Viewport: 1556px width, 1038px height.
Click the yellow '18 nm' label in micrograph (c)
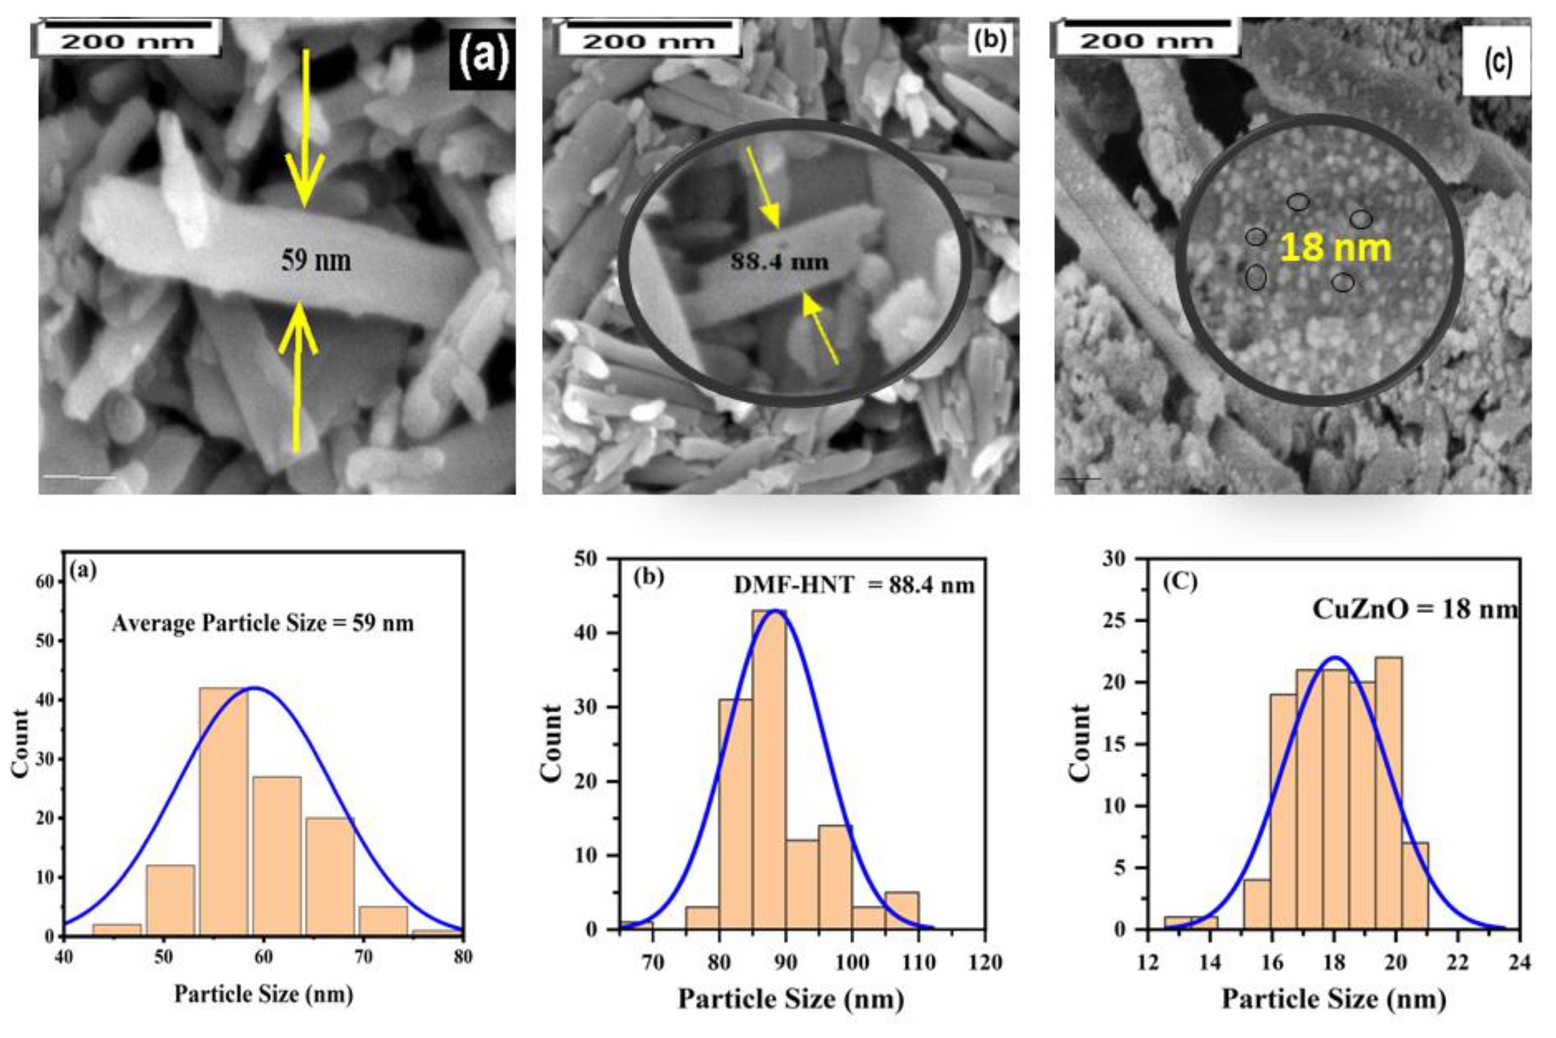(1335, 248)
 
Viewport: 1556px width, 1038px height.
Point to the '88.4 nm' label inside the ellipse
(779, 262)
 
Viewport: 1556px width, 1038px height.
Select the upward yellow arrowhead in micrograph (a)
(299, 327)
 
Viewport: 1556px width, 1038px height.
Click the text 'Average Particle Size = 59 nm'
(263, 624)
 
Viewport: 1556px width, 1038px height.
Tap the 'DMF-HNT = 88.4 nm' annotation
(854, 585)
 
